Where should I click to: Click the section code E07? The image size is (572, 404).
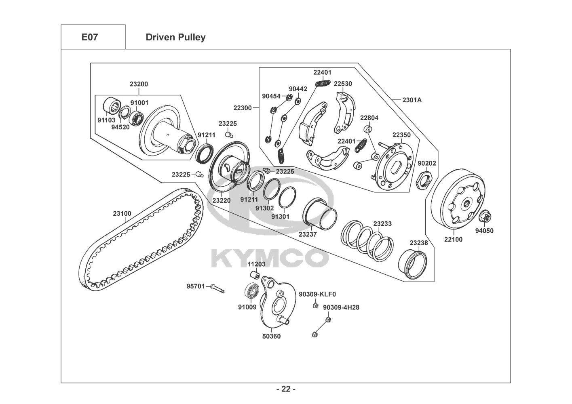[x=90, y=37]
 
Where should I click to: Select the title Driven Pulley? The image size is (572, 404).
[x=175, y=37]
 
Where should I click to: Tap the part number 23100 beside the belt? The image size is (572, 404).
[x=122, y=213]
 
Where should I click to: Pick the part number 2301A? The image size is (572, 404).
[x=412, y=100]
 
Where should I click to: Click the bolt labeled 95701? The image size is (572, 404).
[x=218, y=289]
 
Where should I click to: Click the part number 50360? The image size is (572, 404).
[x=271, y=337]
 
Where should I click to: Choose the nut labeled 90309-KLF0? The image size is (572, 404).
[x=315, y=305]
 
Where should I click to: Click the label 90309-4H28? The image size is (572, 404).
[x=341, y=307]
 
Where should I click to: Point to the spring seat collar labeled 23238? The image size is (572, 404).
[x=413, y=265]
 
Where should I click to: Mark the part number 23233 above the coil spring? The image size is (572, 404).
[x=382, y=223]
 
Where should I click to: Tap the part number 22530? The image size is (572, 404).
[x=343, y=84]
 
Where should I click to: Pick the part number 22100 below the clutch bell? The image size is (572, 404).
[x=453, y=240]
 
